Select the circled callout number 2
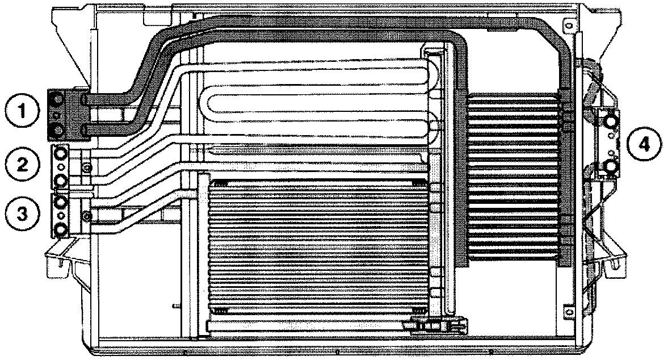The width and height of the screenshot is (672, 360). [x=23, y=164]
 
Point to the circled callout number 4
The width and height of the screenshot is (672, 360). [x=644, y=144]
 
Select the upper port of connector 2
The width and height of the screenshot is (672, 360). [x=60, y=152]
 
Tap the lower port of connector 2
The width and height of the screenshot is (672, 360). [x=60, y=181]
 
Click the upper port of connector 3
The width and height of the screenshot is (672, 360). [x=60, y=201]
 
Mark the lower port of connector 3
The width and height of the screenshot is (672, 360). [x=60, y=229]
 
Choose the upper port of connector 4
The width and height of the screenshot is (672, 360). [x=611, y=122]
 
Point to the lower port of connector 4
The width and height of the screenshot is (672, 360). [x=611, y=166]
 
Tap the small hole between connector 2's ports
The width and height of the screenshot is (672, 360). [x=60, y=166]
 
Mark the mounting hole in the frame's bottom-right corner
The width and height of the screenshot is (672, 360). [x=567, y=310]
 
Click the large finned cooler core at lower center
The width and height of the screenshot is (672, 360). [x=318, y=247]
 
